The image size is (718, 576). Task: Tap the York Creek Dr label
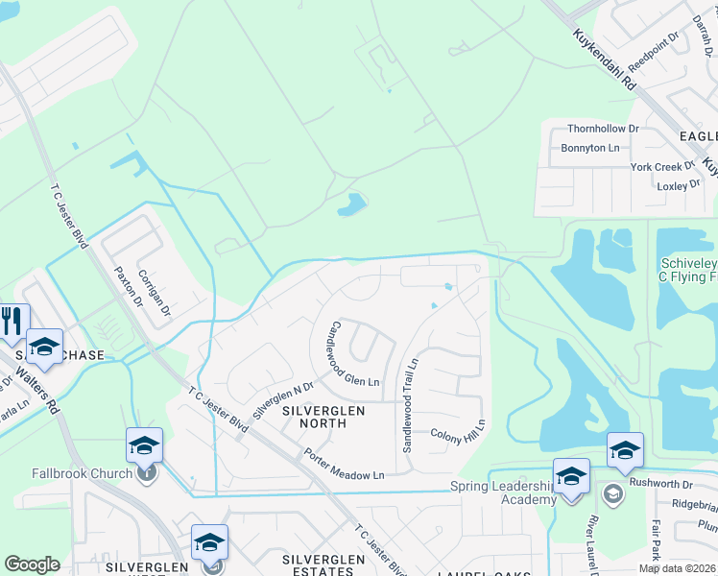coord(662,167)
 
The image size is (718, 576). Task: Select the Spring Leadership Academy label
coord(503,493)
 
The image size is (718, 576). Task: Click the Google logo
coord(32,564)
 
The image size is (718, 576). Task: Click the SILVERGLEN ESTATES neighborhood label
coord(323,566)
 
